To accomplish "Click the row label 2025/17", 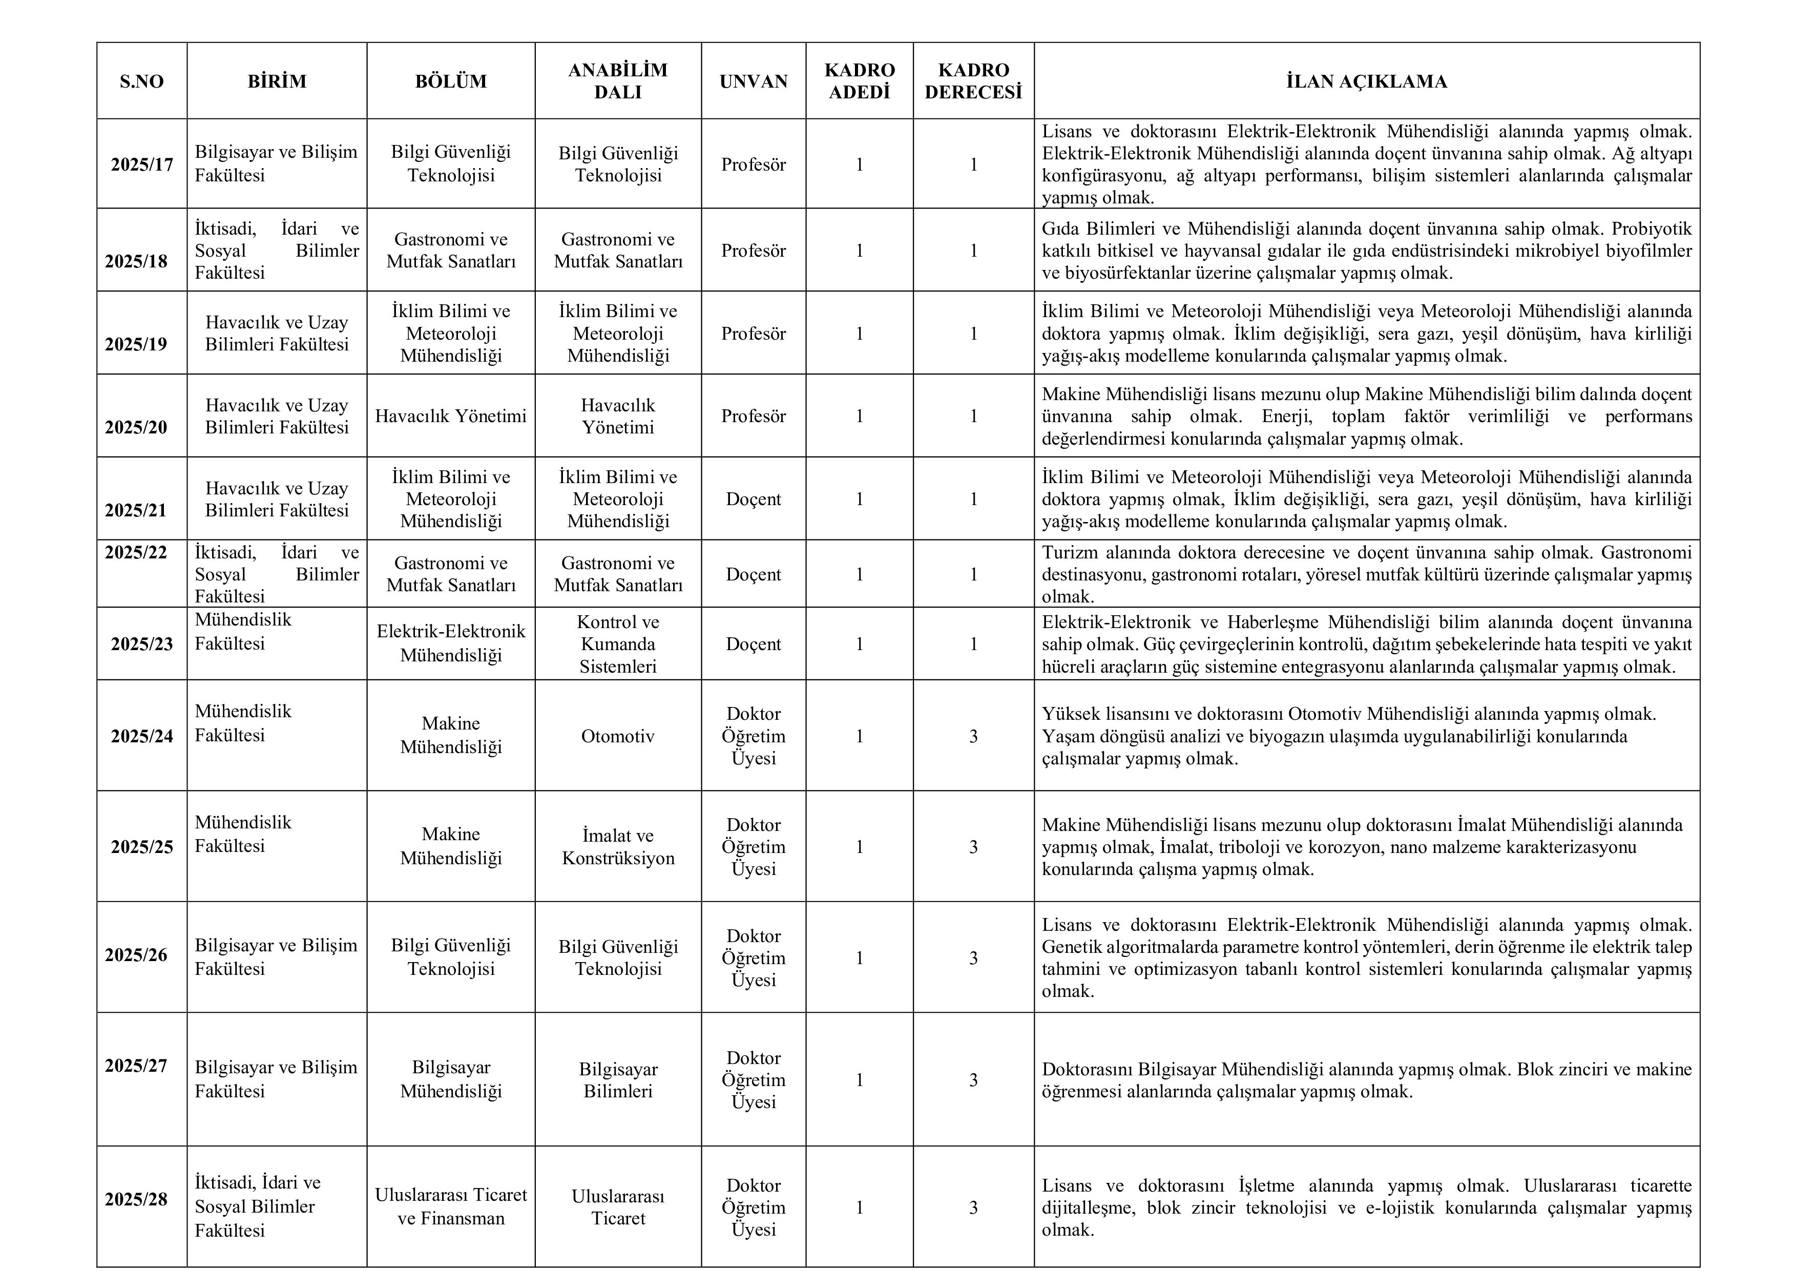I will (x=142, y=164).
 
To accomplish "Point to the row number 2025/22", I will (x=136, y=553).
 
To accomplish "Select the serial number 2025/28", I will (x=136, y=1199).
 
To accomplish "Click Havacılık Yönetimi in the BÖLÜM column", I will (x=451, y=416).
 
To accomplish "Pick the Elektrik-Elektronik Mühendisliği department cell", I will (x=451, y=643).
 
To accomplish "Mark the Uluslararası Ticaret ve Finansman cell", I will (x=451, y=1206).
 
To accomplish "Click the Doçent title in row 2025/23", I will (x=753, y=644).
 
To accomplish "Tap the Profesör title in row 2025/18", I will (x=753, y=251).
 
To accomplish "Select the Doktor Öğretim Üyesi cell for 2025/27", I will (x=753, y=1080).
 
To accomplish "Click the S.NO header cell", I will (x=142, y=81).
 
